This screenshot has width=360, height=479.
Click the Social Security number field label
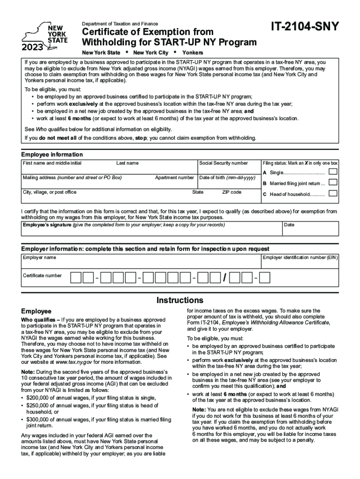tap(223, 163)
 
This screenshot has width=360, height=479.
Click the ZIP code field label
tap(231, 192)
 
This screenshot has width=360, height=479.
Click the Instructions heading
tap(180, 300)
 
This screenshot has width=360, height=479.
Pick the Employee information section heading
tap(52, 155)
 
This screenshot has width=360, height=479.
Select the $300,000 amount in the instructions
tap(38, 419)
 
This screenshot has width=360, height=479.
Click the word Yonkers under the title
tap(193, 53)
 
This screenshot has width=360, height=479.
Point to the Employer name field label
tap(40, 258)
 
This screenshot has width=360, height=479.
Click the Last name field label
tap(127, 163)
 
